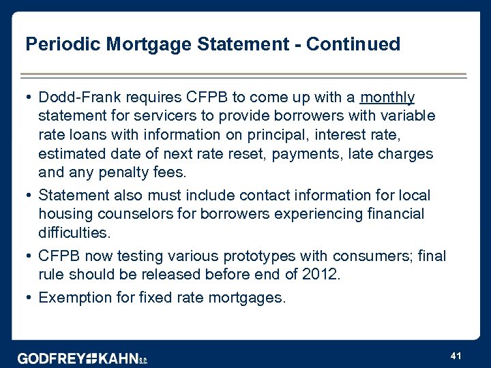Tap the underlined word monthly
(x=387, y=97)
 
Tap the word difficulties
(x=74, y=233)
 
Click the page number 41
(x=456, y=355)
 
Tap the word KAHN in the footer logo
(x=119, y=358)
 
